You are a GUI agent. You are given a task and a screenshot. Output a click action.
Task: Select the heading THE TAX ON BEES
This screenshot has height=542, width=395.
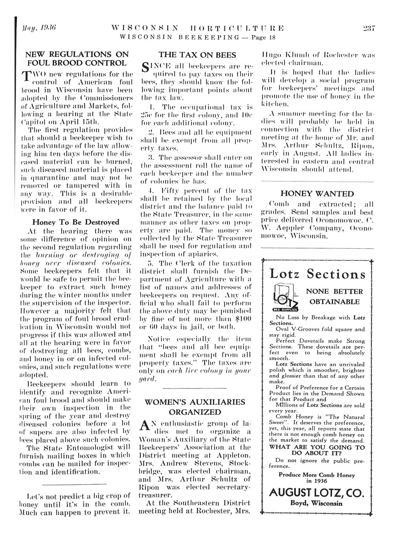tap(197, 55)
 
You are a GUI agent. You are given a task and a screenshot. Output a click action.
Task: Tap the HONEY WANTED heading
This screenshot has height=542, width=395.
tap(317, 194)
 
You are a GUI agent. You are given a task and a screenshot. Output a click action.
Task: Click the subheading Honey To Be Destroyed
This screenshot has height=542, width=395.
tap(75, 222)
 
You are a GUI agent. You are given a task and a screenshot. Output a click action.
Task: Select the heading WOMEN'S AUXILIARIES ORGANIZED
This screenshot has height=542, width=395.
tap(195, 407)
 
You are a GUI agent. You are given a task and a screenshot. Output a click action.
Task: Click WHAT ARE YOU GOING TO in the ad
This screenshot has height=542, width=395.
tap(317, 447)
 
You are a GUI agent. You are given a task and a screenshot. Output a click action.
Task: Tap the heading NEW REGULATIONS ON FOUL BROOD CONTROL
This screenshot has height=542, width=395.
tap(76, 58)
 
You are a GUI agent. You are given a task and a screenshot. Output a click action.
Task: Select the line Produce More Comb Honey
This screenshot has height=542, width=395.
tap(317, 474)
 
